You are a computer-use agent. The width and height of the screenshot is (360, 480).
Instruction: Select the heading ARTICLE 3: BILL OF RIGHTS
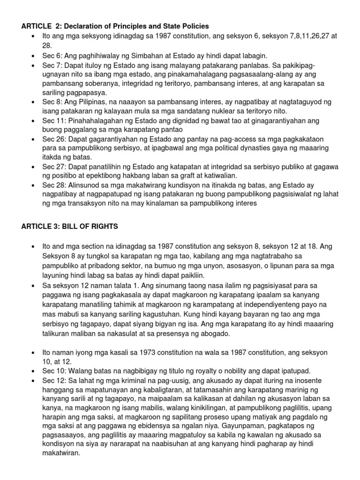69,226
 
